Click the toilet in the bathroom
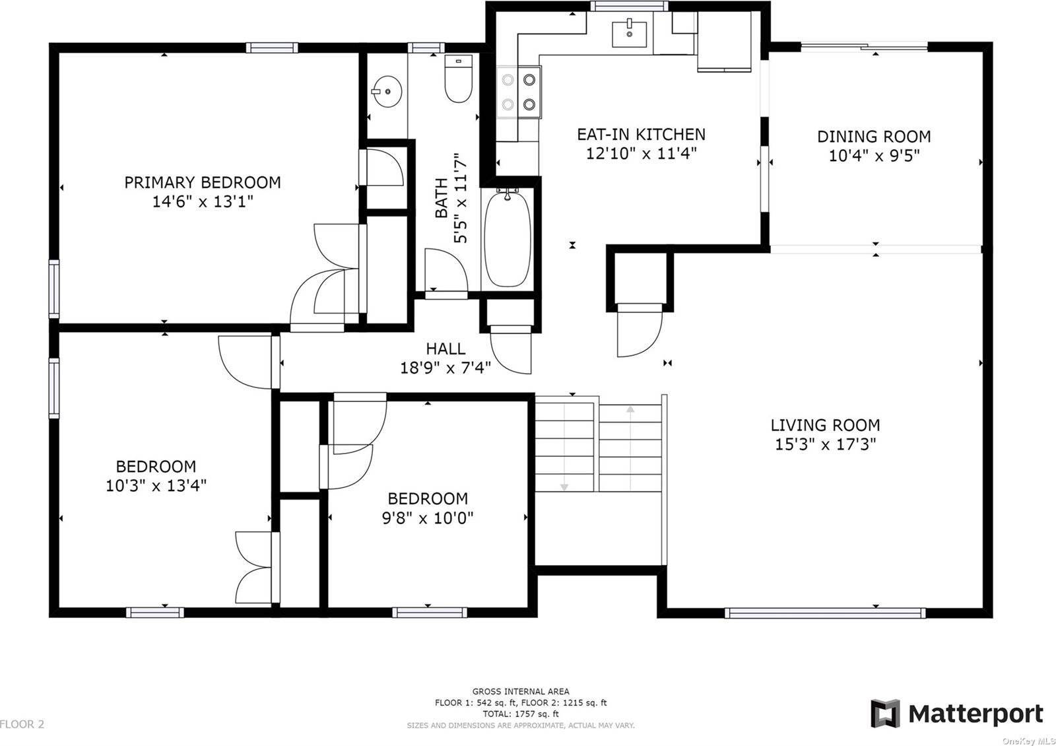coord(458,79)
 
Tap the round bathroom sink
coord(387,92)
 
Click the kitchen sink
coord(630,33)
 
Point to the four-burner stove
coord(519,92)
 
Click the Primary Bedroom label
coord(203,182)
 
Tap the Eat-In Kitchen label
coord(641,135)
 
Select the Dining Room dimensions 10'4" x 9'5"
coord(874,155)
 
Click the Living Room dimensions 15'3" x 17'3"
coord(826,444)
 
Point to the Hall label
coord(445,349)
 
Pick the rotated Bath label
coord(442,198)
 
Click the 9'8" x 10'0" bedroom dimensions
coord(428,518)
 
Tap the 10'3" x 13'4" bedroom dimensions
coord(156,486)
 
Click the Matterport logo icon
coord(885,714)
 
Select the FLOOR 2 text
coord(22,724)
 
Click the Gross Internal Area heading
coord(521,691)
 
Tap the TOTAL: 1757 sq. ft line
coord(521,714)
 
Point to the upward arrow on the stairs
coord(630,448)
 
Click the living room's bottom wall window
coord(825,613)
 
